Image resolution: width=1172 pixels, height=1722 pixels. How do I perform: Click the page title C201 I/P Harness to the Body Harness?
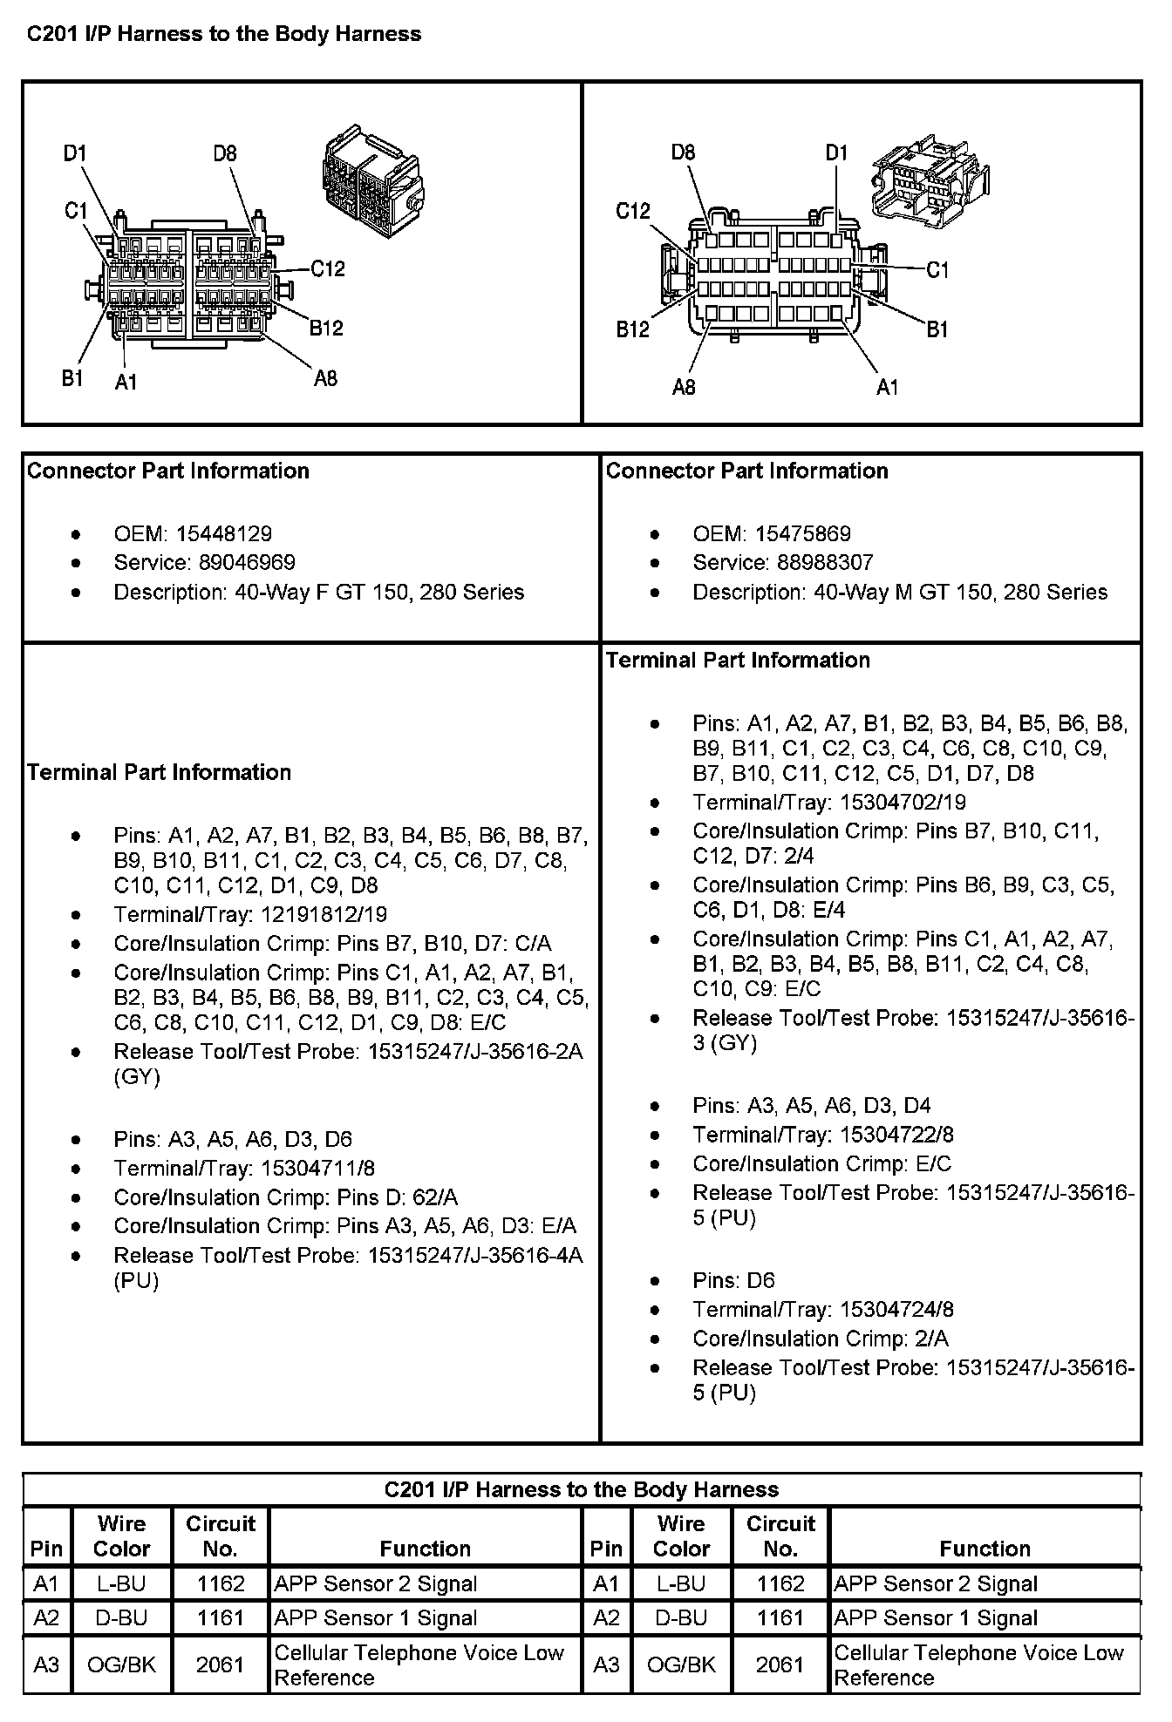coord(224,35)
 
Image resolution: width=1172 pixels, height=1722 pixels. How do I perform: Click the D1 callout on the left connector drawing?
coord(75,154)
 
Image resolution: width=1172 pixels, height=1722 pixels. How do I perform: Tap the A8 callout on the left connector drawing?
coord(325,378)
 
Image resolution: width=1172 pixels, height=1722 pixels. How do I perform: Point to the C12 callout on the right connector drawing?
coord(633,211)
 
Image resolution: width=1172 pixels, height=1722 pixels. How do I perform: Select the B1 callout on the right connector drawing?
coord(937,329)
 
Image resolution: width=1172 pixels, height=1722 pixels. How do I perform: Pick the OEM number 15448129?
coord(224,534)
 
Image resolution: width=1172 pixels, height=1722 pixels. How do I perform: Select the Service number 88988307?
coord(825,563)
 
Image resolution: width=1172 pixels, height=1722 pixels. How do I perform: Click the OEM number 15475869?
coord(803,534)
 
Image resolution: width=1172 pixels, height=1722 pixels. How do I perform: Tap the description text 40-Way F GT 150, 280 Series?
coord(379,593)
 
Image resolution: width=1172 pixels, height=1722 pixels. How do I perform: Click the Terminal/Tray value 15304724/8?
coord(896,1310)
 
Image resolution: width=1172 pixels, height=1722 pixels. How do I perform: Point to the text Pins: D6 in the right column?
coord(733,1281)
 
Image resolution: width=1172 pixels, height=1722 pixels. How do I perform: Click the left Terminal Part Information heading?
coord(159,773)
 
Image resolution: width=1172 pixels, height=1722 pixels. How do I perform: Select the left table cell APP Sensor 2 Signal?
coord(375,1584)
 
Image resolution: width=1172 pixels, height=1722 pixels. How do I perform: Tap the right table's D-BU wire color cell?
coord(681,1618)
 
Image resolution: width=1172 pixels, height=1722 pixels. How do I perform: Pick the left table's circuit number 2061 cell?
coord(220,1664)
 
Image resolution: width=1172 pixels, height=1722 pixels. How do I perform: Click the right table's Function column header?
coord(985,1549)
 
